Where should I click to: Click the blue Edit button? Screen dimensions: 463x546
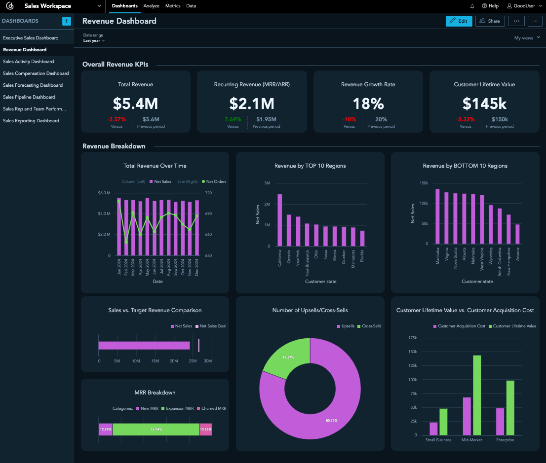pos(458,21)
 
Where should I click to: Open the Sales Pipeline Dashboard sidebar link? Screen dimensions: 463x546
pos(29,97)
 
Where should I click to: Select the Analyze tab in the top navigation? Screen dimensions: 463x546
pos(151,6)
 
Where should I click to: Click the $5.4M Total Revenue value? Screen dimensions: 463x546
pos(135,104)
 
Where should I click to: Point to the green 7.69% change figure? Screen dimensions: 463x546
pos(233,119)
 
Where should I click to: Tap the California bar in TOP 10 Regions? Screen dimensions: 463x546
pos(280,220)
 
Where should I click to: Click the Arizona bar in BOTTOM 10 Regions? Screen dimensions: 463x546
pos(517,234)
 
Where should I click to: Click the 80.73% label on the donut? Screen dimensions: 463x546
pos(332,420)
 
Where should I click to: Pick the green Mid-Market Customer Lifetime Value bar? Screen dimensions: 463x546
pos(477,395)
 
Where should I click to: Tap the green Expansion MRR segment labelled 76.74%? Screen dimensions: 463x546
pos(156,429)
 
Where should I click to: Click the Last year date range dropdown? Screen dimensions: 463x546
pos(94,41)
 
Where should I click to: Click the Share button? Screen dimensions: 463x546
pos(490,21)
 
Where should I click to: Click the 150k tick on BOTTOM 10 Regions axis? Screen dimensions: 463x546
pos(424,183)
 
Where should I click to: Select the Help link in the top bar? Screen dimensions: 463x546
pos(490,6)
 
